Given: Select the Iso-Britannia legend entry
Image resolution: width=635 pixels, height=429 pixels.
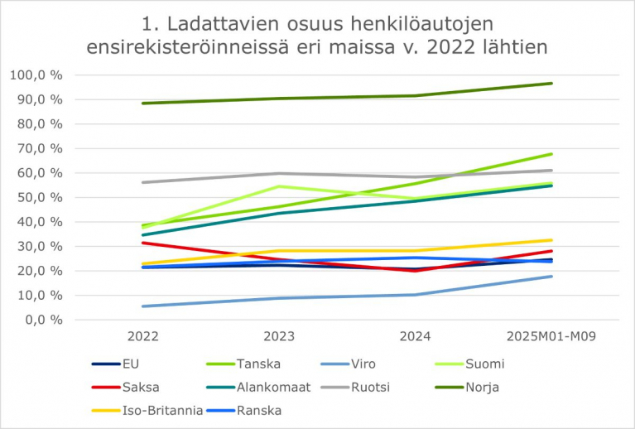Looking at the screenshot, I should [161, 409].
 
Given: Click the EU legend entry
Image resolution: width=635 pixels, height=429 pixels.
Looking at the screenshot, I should [130, 364].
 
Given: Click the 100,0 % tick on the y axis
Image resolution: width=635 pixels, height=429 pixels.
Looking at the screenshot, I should [37, 75].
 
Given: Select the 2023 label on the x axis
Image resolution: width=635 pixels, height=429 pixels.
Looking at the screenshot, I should [277, 336].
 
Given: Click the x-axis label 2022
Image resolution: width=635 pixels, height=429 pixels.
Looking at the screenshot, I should [143, 336].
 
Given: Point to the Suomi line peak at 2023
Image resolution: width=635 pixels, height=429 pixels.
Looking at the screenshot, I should [277, 186].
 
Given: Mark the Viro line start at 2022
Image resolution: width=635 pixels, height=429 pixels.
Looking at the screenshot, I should [143, 306].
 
